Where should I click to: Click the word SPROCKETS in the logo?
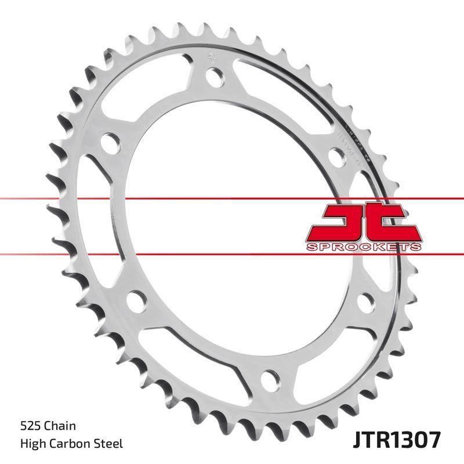point(362,247)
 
